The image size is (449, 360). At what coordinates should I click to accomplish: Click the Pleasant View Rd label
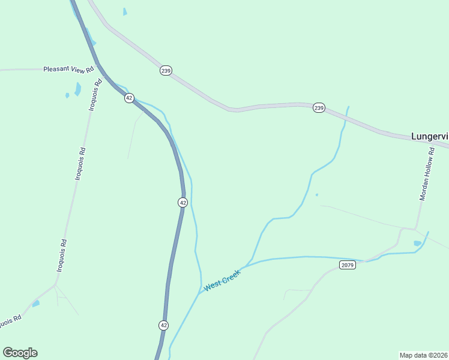(69, 70)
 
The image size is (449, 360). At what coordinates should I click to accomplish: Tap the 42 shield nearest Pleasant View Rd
(129, 98)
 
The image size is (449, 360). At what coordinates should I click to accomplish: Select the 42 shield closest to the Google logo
(164, 325)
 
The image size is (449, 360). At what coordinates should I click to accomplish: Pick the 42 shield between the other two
(182, 202)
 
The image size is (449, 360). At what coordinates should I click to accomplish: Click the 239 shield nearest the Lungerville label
(319, 108)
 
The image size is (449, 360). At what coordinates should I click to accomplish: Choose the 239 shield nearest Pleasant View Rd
(166, 71)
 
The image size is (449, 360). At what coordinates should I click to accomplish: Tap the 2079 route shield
(347, 265)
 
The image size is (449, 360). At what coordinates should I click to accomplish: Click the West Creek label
(222, 280)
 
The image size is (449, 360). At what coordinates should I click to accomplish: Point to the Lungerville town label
(429, 136)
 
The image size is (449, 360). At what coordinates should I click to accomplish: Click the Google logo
(20, 353)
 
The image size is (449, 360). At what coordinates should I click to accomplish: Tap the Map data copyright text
(423, 355)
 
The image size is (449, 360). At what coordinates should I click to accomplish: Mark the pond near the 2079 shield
(417, 243)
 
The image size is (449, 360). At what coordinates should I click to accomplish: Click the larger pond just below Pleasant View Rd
(77, 89)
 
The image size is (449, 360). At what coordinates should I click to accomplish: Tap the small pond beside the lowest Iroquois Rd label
(36, 304)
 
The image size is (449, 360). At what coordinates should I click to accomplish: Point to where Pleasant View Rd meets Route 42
(97, 68)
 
